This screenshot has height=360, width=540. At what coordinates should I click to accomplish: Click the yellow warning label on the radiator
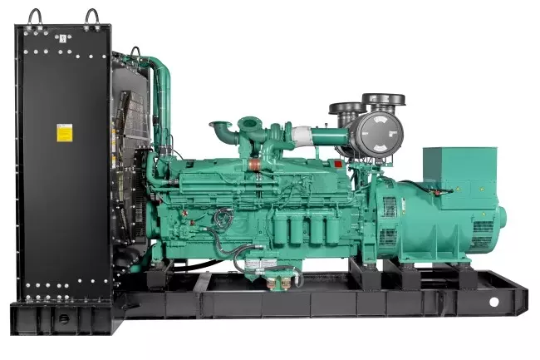[x=64, y=133]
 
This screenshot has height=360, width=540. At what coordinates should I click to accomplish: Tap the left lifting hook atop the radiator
[x=34, y=16]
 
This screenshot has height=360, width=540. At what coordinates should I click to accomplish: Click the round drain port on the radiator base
[x=62, y=317]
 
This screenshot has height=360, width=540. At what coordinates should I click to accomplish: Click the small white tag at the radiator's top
[x=62, y=38]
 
